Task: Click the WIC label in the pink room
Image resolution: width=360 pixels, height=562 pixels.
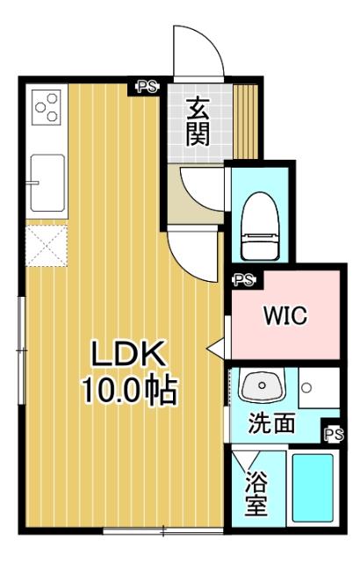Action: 284,316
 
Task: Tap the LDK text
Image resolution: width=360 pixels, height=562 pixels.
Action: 130,354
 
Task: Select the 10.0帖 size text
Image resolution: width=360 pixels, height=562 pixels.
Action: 130,389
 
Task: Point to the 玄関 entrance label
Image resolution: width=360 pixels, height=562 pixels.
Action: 196,121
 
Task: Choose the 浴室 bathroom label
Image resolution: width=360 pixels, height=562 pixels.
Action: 256,494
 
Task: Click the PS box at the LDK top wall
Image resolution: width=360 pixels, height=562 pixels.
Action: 147,86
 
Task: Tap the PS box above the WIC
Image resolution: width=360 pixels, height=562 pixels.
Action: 243,280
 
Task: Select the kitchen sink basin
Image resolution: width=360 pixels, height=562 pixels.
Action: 47,182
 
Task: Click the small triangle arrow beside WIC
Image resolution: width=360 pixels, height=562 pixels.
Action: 215,348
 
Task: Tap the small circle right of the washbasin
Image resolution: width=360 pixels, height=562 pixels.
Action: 306,386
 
